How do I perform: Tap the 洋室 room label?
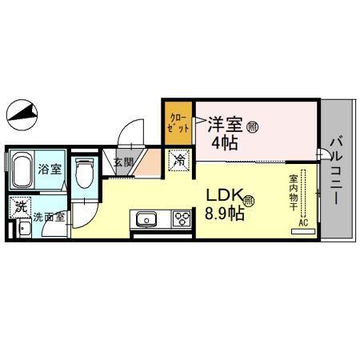pyautogui.click(x=226, y=126)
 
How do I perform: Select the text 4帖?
pyautogui.click(x=223, y=144)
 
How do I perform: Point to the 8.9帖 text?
pyautogui.click(x=226, y=214)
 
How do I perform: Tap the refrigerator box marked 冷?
pyautogui.click(x=181, y=160)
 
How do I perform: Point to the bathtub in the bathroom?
pyautogui.click(x=22, y=170)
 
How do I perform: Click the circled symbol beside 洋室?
pyautogui.click(x=252, y=126)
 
